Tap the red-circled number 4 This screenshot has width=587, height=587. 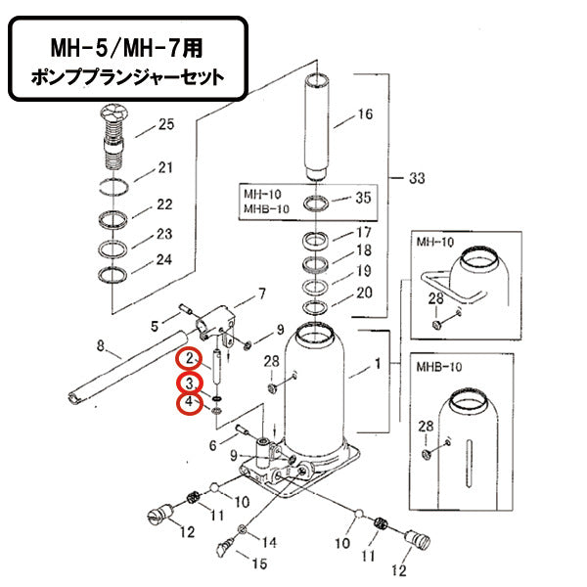187,403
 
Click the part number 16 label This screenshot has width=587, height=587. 364,113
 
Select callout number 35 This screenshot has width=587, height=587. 364,198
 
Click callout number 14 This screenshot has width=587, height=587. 270,541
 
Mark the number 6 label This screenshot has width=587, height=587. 212,445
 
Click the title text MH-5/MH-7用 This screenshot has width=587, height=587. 127,46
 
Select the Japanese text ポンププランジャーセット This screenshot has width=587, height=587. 127,75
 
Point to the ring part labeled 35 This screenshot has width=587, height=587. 317,204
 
